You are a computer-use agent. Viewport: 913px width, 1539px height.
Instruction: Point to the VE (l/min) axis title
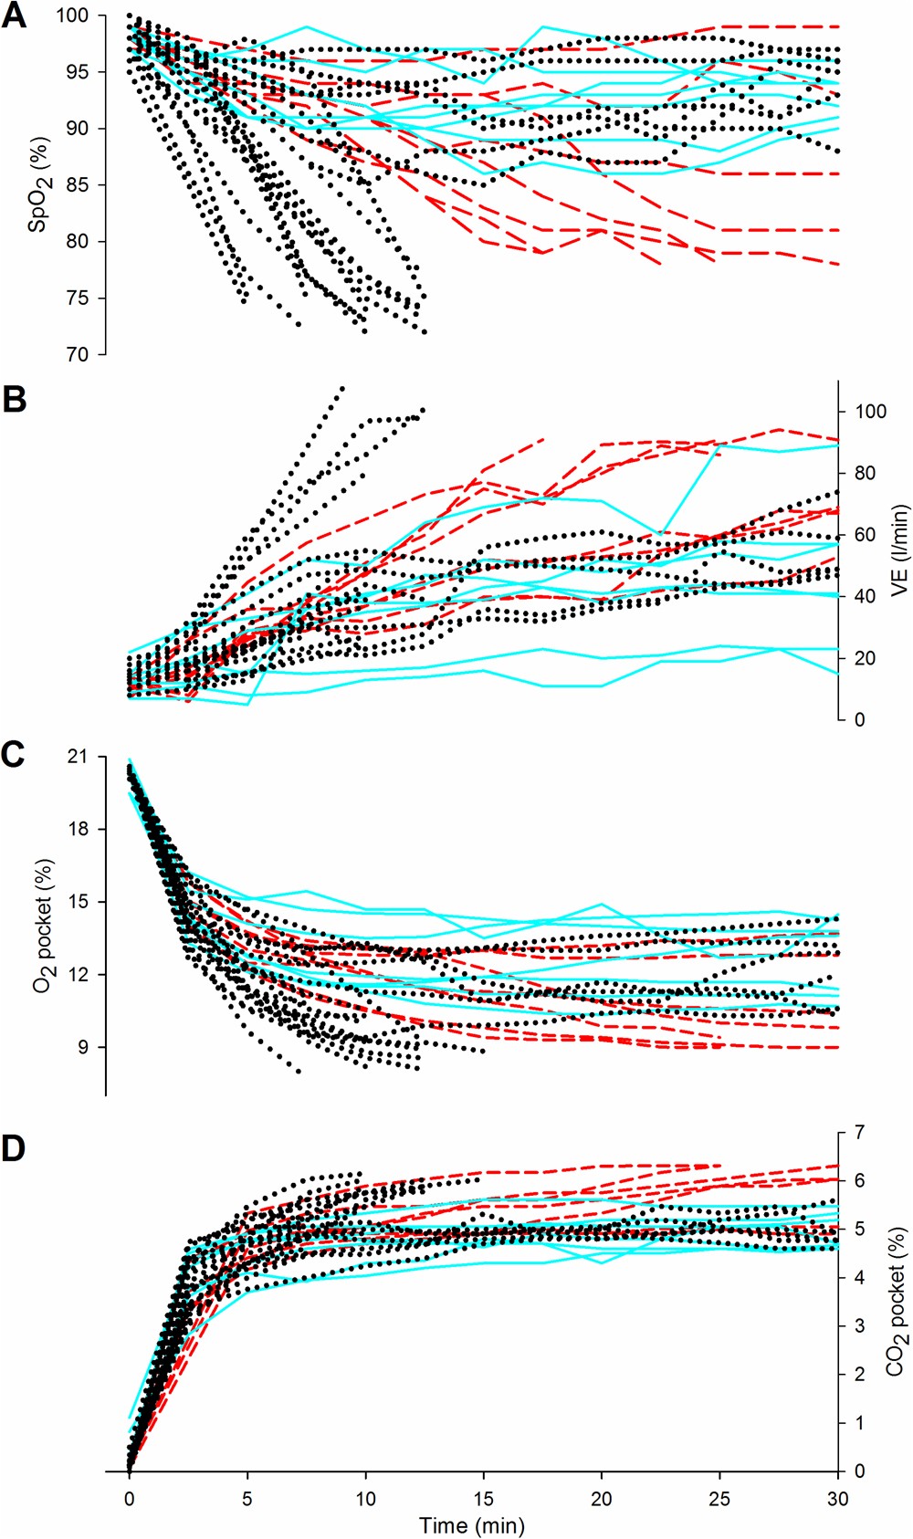click(899, 550)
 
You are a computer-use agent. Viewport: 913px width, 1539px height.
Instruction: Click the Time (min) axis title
click(472, 1525)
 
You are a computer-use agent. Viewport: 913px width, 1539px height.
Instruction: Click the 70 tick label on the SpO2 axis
click(78, 355)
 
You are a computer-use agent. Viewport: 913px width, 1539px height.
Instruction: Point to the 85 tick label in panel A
click(78, 185)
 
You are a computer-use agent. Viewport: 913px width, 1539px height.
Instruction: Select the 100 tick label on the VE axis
click(870, 412)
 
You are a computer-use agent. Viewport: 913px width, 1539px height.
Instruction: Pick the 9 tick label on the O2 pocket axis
click(83, 1047)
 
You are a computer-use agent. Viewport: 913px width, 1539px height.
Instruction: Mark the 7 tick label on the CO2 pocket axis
click(860, 1133)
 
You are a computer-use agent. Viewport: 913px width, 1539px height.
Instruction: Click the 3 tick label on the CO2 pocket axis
click(860, 1326)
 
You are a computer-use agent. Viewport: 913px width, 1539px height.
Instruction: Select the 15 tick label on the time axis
click(484, 1499)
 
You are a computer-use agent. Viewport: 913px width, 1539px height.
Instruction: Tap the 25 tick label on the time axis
click(719, 1499)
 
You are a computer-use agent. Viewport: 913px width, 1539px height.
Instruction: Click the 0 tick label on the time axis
click(130, 1499)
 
